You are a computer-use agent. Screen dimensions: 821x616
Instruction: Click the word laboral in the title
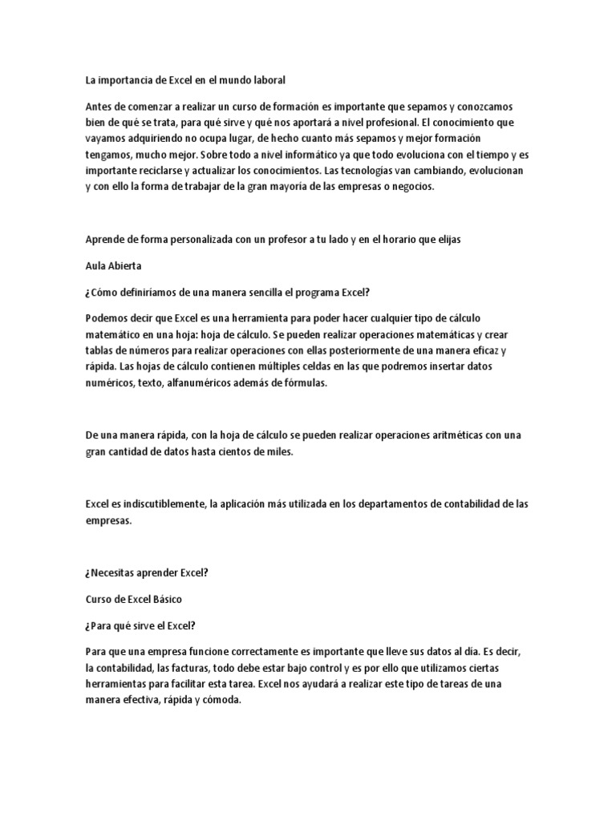coord(266,81)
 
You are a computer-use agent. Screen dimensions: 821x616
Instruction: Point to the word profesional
coord(387,123)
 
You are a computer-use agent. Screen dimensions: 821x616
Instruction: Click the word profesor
coord(284,241)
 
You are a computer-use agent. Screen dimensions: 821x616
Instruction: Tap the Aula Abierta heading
coord(113,266)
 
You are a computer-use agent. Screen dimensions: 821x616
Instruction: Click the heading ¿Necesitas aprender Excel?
coord(146,572)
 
